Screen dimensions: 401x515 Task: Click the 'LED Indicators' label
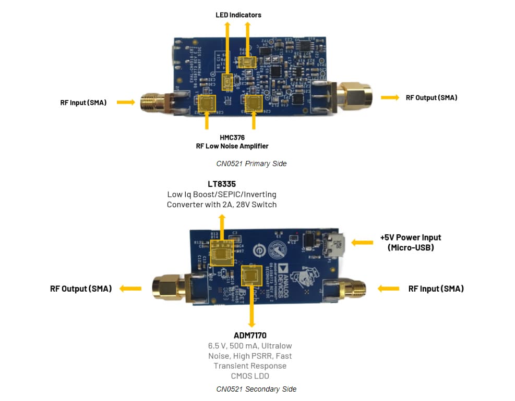pyautogui.click(x=238, y=15)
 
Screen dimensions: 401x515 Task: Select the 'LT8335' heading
pyautogui.click(x=222, y=184)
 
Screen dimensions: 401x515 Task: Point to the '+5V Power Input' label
pyautogui.click(x=411, y=237)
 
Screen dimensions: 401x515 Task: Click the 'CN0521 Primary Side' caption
pyautogui.click(x=251, y=164)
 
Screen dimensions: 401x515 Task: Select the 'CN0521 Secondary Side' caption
pyautogui.click(x=256, y=389)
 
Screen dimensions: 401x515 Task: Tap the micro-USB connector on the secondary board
pyautogui.click(x=332, y=243)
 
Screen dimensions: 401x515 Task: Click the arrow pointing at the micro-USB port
pyautogui.click(x=361, y=242)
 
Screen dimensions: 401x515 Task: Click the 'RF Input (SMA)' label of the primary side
pyautogui.click(x=83, y=103)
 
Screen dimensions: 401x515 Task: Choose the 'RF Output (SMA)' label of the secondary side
pyautogui.click(x=81, y=289)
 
